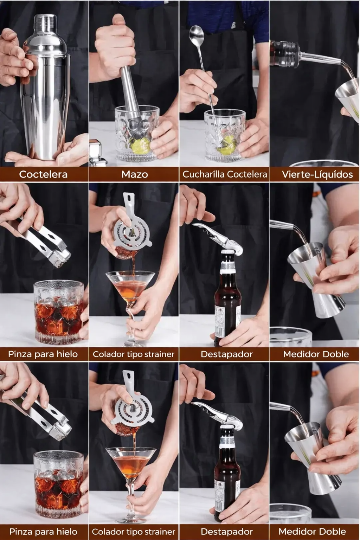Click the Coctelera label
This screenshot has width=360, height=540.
point(43,174)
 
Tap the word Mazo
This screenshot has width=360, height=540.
point(134,174)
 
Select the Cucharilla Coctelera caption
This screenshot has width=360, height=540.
point(225,174)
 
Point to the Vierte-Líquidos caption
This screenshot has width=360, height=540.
point(317,174)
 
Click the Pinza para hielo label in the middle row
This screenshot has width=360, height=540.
point(43,354)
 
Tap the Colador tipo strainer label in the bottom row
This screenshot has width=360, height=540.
point(134,532)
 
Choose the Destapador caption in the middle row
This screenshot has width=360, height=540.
point(226,354)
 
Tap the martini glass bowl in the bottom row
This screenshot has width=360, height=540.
point(131,461)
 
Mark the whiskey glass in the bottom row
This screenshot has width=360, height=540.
point(59,485)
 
